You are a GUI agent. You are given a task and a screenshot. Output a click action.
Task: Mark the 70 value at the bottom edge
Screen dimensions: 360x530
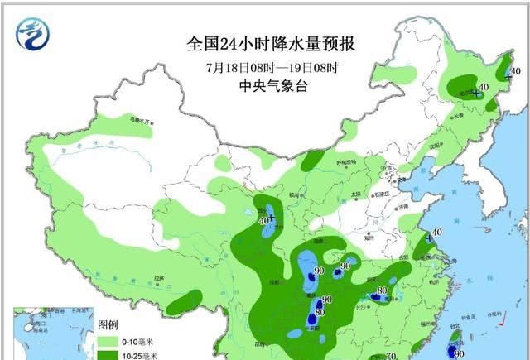pos(391,356)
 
